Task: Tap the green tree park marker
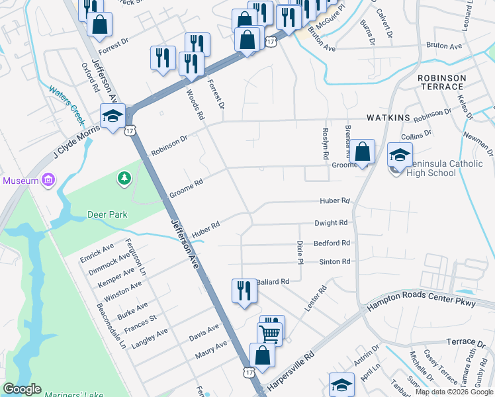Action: pyautogui.click(x=123, y=178)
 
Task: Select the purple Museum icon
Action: pyautogui.click(x=48, y=180)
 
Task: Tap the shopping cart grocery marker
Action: pyautogui.click(x=270, y=333)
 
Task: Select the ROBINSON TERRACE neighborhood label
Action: pyautogui.click(x=441, y=82)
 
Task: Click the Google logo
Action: pyautogui.click(x=22, y=389)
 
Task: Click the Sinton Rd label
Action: pyautogui.click(x=334, y=262)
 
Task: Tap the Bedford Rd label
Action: pyautogui.click(x=332, y=243)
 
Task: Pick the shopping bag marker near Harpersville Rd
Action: pyautogui.click(x=262, y=355)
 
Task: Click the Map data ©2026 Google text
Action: pyautogui.click(x=453, y=392)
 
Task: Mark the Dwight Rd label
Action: pyautogui.click(x=331, y=223)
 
